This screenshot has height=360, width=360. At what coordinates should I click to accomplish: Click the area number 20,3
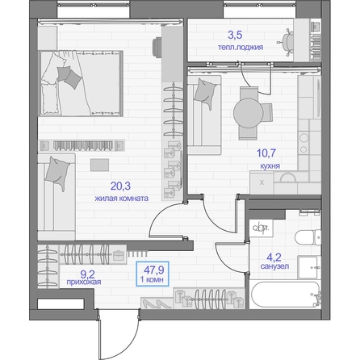click(120, 186)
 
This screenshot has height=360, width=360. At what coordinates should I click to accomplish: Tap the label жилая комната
click(121, 199)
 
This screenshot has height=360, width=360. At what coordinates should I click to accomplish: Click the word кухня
click(270, 166)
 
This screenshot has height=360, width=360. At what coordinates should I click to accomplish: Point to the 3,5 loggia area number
click(235, 35)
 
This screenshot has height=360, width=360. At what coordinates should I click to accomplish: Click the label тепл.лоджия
click(241, 48)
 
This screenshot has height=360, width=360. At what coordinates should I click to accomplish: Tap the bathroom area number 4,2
click(274, 257)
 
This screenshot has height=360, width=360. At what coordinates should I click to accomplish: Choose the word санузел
click(274, 266)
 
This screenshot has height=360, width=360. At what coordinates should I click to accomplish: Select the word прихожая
click(84, 282)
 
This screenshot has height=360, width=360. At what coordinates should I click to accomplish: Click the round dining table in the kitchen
click(248, 113)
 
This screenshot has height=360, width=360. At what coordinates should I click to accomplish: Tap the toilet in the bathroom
click(308, 237)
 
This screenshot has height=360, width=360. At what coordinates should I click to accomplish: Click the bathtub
click(285, 295)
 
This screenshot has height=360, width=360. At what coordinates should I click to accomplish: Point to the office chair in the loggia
click(286, 43)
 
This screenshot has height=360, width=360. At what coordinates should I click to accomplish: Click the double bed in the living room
click(82, 83)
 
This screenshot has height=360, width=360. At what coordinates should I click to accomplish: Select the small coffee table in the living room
click(99, 165)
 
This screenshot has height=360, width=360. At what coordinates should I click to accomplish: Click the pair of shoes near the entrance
click(157, 303)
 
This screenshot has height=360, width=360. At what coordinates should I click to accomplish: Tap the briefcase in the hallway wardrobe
click(119, 255)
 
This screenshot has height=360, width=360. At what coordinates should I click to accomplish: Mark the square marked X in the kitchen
click(262, 182)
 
